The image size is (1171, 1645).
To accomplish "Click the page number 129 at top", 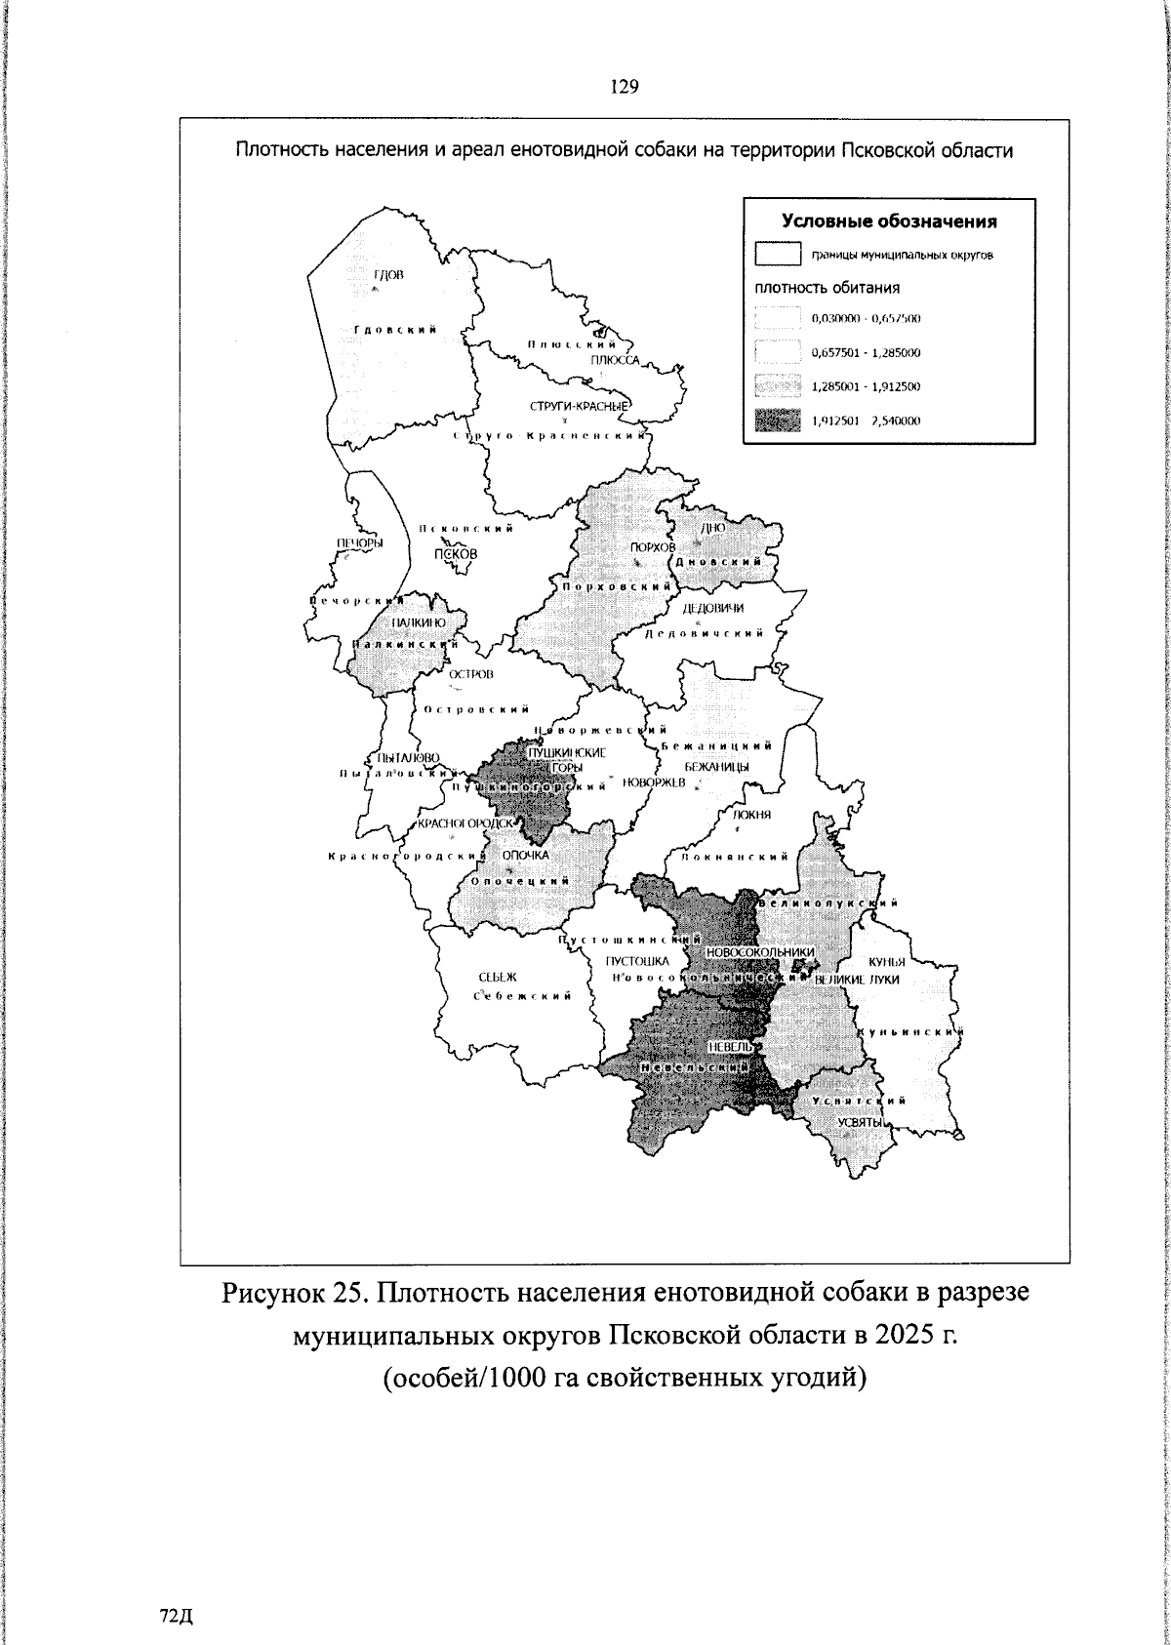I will coord(624,88).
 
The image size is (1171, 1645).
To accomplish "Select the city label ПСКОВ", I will coord(457,553).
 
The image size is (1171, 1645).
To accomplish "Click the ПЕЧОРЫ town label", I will coord(360,542).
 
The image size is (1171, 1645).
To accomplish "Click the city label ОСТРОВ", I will coord(471,674).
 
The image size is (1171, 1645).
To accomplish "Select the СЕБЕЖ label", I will coord(498,977).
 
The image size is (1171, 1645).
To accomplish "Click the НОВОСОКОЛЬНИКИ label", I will coord(758,951).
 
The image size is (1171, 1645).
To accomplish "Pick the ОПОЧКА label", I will coord(526,855).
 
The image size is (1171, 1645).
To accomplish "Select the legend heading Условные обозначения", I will coord(889,221).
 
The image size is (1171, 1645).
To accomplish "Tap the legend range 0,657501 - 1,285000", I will coord(866,352).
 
